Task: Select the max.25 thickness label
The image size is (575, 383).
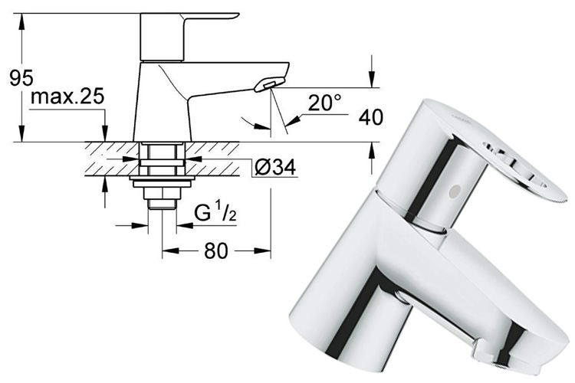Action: [67, 98]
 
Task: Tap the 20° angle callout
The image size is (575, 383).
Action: [324, 103]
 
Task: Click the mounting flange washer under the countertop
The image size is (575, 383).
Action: [160, 182]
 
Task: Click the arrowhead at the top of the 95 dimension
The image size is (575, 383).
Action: [25, 18]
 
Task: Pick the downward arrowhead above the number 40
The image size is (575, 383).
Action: [370, 80]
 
